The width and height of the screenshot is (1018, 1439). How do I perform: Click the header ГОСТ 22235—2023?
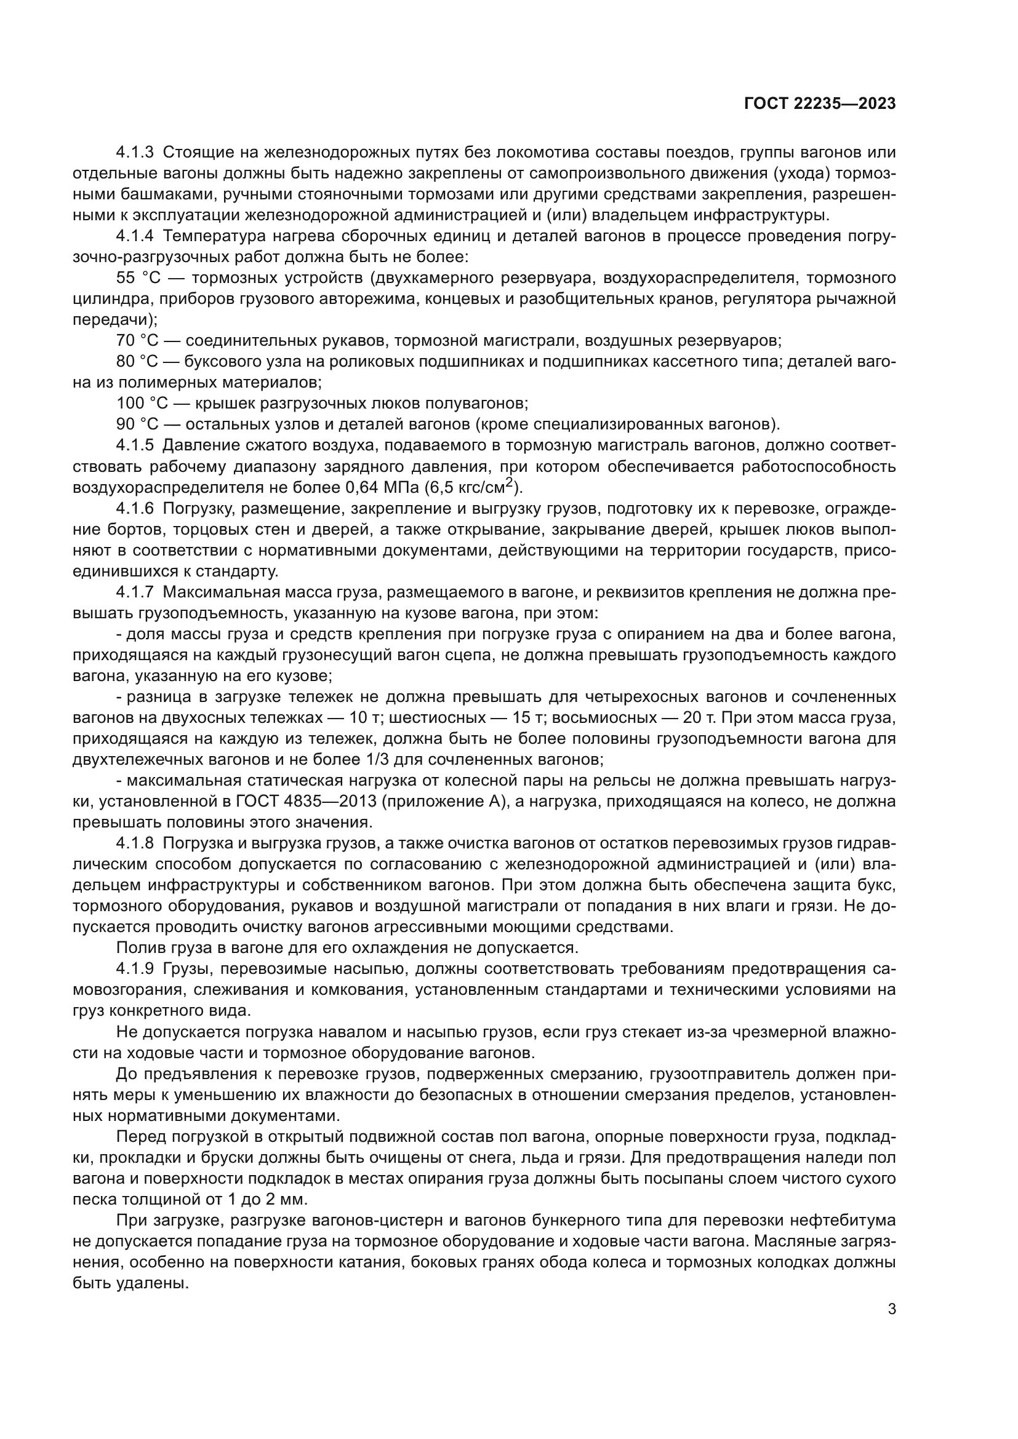click(x=819, y=104)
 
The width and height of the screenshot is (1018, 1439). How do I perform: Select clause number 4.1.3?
click(x=135, y=153)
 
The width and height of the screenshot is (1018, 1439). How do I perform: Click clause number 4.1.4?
click(x=135, y=236)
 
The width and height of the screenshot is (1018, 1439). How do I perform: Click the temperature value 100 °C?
click(x=142, y=404)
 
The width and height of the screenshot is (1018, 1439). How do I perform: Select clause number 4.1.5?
click(x=135, y=445)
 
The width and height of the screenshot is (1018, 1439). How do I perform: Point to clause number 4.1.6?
click(x=135, y=508)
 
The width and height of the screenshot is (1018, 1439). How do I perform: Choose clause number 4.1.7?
click(x=135, y=592)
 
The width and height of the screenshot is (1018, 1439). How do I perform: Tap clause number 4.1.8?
click(x=135, y=843)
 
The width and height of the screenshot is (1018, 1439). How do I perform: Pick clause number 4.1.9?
click(x=135, y=969)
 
